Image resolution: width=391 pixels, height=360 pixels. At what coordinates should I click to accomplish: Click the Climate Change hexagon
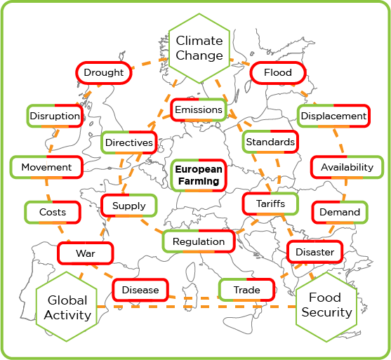coord(199,48)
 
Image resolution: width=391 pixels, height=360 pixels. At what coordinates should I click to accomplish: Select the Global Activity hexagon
coord(66,307)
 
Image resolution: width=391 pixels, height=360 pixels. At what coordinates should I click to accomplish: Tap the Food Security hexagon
coord(326,307)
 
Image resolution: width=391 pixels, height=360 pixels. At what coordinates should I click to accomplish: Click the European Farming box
coord(199,175)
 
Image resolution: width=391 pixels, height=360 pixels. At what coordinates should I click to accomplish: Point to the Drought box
coord(104,72)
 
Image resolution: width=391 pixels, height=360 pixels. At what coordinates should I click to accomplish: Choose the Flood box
coord(278,72)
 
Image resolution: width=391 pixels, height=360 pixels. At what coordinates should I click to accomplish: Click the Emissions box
coord(199,109)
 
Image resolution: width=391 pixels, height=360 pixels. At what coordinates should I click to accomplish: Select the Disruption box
coord(55,116)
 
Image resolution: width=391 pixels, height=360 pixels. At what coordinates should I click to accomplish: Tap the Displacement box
coord(333,116)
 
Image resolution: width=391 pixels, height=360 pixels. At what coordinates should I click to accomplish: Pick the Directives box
coord(129,142)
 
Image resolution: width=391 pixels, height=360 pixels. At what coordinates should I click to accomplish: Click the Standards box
coord(270,142)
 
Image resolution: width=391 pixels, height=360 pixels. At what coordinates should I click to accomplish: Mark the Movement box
coord(46,167)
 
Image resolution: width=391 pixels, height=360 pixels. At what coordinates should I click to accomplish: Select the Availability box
coord(347,167)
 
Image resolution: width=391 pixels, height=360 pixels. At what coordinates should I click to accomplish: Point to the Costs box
coord(53,212)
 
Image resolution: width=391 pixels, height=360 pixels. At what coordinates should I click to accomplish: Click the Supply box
coord(129,206)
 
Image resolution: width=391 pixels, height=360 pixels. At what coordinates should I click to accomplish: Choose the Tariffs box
coord(270,204)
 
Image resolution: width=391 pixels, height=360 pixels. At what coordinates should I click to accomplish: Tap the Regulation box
coord(199,241)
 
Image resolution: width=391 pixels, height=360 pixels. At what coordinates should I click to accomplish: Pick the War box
coord(86,253)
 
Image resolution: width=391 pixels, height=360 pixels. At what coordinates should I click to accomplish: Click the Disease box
coord(140,290)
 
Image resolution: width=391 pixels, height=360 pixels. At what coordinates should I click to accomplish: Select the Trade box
coord(247,290)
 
